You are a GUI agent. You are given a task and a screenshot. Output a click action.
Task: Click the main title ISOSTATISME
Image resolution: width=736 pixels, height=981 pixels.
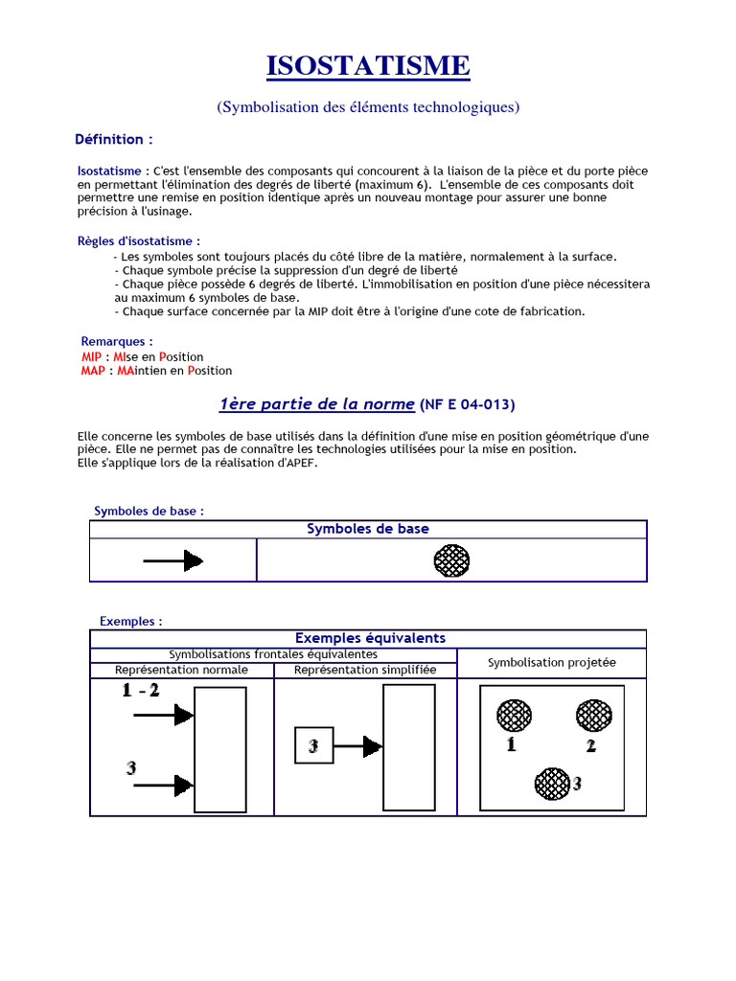pyautogui.click(x=368, y=66)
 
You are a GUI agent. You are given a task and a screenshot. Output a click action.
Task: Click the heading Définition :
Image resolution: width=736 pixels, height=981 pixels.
pyautogui.click(x=114, y=140)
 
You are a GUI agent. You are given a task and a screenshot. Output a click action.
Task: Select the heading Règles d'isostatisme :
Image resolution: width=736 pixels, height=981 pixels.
pyautogui.click(x=139, y=241)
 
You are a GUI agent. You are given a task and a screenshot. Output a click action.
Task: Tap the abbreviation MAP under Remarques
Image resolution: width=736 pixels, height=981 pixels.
pyautogui.click(x=93, y=371)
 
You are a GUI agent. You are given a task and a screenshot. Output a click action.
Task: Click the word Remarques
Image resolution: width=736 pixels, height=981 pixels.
pyautogui.click(x=117, y=341)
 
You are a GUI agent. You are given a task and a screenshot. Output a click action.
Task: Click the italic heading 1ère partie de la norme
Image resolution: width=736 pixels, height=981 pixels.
pyautogui.click(x=317, y=404)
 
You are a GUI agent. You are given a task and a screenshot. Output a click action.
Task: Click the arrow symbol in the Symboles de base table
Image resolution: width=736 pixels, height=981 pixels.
pyautogui.click(x=173, y=560)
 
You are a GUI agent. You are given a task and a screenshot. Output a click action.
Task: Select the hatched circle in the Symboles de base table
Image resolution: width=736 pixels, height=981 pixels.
pyautogui.click(x=452, y=560)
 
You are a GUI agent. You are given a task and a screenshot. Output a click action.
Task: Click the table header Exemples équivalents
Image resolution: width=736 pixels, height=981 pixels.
pyautogui.click(x=369, y=638)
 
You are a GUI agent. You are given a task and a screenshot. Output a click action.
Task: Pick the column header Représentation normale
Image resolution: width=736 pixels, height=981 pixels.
pyautogui.click(x=181, y=670)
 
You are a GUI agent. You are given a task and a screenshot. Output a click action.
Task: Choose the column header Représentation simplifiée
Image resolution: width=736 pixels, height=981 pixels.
pyautogui.click(x=365, y=670)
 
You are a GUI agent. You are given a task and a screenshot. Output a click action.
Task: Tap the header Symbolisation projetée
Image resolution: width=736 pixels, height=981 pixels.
pyautogui.click(x=552, y=662)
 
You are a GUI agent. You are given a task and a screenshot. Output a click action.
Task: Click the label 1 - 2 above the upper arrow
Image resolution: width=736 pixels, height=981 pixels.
pyautogui.click(x=141, y=692)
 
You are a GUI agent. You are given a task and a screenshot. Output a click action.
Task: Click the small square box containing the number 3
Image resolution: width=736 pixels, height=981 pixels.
pyautogui.click(x=313, y=745)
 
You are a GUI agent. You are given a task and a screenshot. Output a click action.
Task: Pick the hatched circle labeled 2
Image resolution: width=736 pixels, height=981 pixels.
pyautogui.click(x=593, y=715)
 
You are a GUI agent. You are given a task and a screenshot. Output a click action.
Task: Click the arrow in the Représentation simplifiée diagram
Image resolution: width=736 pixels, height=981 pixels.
pyautogui.click(x=357, y=746)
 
